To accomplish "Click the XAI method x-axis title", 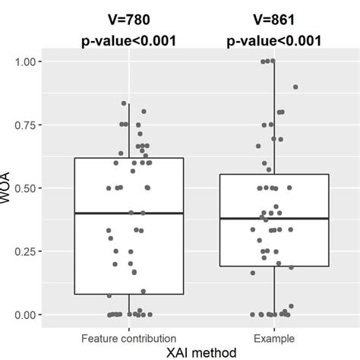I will (201, 352).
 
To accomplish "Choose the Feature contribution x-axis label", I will (129, 336).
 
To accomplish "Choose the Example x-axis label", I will (274, 336).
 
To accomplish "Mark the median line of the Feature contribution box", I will (129, 213).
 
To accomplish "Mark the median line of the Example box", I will (274, 218).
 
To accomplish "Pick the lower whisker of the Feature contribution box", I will (129, 304).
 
